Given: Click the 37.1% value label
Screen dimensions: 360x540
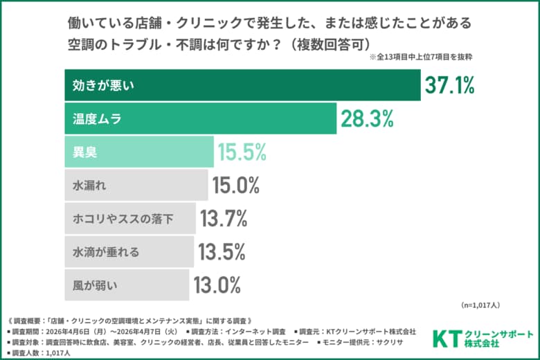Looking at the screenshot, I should [x=451, y=86].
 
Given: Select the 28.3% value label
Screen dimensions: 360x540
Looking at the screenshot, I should [x=368, y=118].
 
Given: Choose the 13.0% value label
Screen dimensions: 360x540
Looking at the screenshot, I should [x=217, y=285].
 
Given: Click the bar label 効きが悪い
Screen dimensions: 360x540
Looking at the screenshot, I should [x=103, y=86].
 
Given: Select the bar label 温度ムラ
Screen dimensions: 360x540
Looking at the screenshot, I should [x=98, y=118].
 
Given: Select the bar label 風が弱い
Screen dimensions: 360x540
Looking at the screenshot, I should [x=97, y=285].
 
